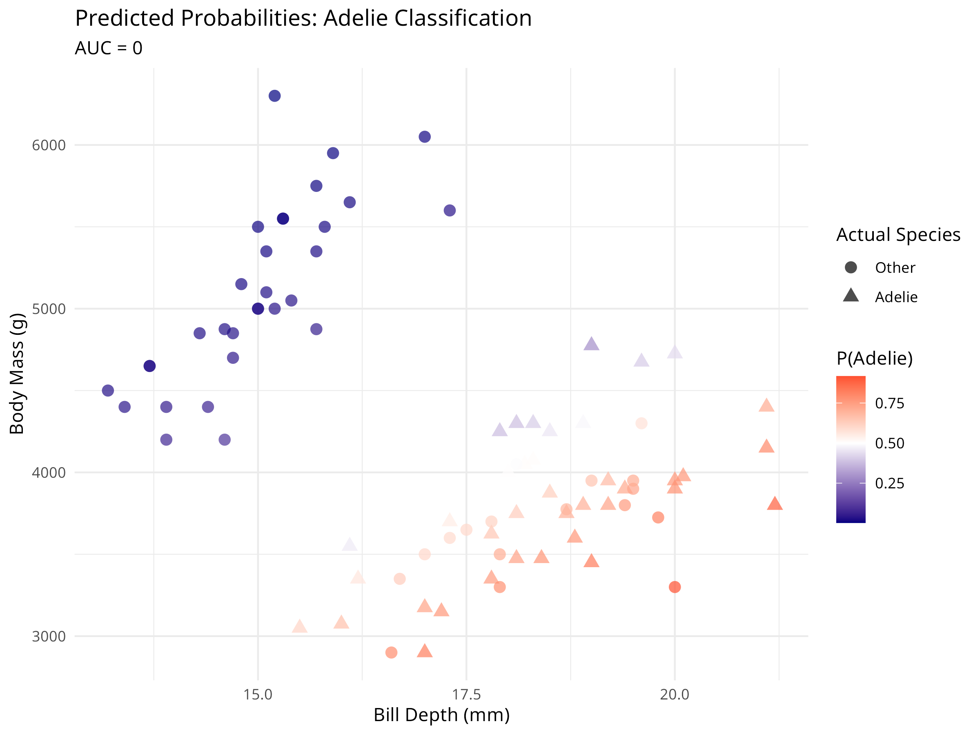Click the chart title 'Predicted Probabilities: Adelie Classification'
click(303, 19)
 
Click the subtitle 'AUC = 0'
click(109, 48)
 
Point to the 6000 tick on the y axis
click(49, 145)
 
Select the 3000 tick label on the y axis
click(49, 636)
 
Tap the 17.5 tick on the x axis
click(466, 694)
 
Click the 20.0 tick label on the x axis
click(674, 694)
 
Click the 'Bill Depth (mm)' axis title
click(441, 715)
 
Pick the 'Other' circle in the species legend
click(851, 267)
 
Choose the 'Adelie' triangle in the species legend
click(851, 296)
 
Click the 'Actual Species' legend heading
click(898, 235)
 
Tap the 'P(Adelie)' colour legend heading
click(874, 358)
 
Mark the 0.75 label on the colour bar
click(889, 403)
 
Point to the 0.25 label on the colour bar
click(889, 483)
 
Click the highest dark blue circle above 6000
click(275, 96)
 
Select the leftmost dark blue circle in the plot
click(108, 390)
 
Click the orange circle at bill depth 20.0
click(674, 587)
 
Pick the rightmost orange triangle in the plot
click(775, 504)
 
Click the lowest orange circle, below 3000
click(391, 653)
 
